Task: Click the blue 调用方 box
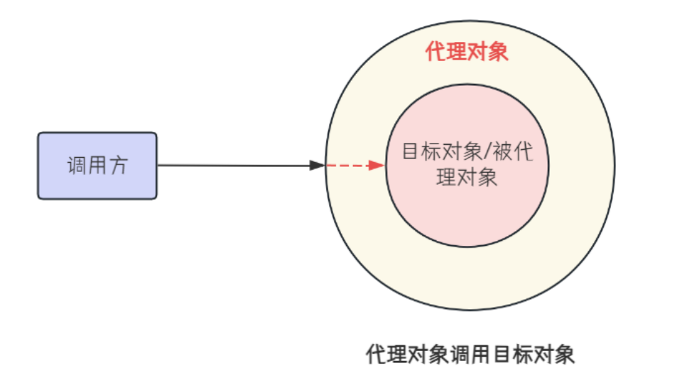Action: click(97, 165)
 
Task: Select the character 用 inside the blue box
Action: click(97, 166)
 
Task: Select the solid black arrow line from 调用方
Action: click(234, 166)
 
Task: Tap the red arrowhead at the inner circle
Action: click(377, 166)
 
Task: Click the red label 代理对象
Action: click(467, 52)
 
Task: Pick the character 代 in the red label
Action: click(436, 52)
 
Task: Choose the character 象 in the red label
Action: click(499, 52)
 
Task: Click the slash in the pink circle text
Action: click(486, 152)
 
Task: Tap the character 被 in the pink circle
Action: click(502, 152)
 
